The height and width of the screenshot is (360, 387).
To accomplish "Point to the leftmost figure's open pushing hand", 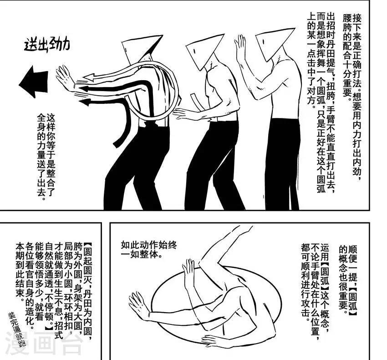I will [65, 78].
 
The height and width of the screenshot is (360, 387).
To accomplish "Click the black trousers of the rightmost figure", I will [282, 164].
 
